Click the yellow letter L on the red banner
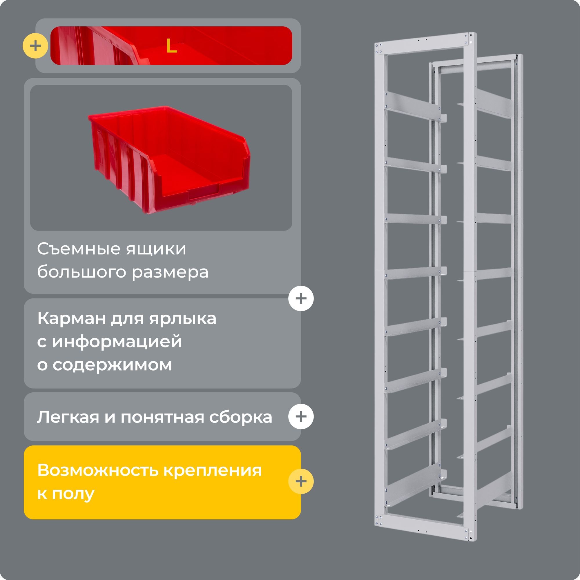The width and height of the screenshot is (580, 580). click(171, 46)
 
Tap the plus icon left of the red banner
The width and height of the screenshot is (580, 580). click(35, 46)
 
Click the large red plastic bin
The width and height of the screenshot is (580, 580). click(168, 159)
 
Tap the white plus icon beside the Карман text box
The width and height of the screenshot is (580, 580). click(301, 298)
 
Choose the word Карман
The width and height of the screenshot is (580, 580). click(71, 318)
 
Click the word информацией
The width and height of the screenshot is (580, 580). click(117, 342)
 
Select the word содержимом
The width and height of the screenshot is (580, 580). click(112, 365)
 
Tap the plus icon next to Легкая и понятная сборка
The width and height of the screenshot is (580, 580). click(301, 416)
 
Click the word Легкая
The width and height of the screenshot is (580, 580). click(68, 417)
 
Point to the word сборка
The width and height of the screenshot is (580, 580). click(240, 417)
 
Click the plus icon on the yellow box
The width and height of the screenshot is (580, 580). click(301, 481)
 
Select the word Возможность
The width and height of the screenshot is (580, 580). click(98, 470)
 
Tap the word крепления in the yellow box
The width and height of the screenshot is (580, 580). click(213, 471)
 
